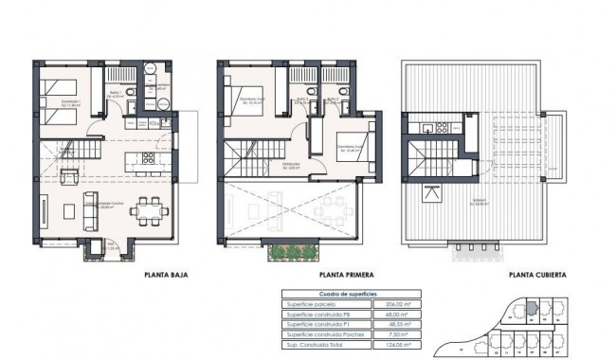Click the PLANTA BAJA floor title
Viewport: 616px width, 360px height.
click(166, 276)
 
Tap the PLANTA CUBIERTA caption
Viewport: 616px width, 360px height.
click(537, 276)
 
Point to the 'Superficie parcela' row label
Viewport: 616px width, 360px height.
click(309, 304)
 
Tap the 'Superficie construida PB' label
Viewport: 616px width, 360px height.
click(316, 315)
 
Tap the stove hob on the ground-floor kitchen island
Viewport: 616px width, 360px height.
click(148, 160)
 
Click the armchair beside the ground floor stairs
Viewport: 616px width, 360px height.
click(69, 176)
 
